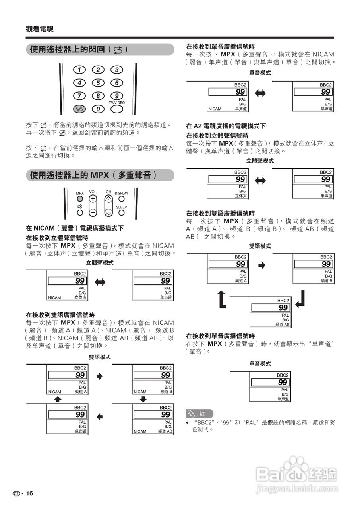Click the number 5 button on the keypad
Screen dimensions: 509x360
98,83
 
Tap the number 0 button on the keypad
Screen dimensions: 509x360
98,109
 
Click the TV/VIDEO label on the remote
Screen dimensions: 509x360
116,103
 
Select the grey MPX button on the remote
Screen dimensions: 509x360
80,198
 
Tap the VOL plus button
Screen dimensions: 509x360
93,198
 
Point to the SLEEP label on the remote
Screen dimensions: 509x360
122,207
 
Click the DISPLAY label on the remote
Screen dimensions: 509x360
122,193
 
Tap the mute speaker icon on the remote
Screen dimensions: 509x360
80,206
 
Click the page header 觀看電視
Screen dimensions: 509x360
39,29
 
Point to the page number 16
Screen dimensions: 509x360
30,493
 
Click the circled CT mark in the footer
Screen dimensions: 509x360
16,493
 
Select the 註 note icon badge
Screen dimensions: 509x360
199,414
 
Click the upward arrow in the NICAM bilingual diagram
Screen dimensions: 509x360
58,399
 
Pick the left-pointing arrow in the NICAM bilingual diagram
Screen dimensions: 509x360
100,416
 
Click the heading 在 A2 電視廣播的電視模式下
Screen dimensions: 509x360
226,126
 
